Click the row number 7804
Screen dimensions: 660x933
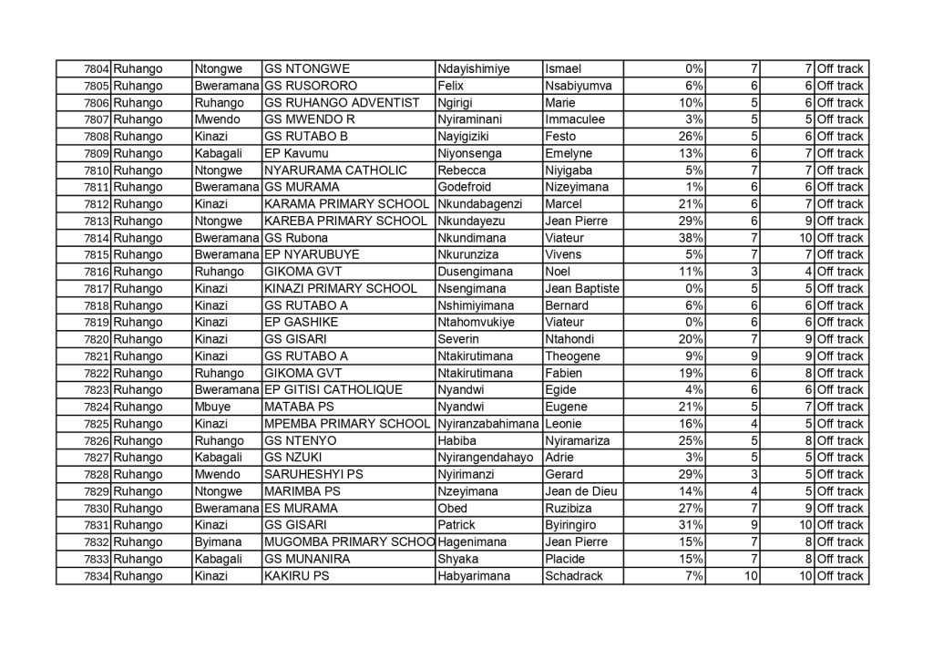click(x=97, y=69)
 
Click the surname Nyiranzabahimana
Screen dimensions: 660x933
click(x=487, y=424)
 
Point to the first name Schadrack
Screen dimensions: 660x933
click(x=573, y=576)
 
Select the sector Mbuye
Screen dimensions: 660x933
click(x=214, y=407)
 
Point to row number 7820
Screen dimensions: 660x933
click(x=97, y=339)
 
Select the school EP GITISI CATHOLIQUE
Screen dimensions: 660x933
click(x=332, y=390)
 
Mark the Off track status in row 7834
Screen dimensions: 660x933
click(x=840, y=576)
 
